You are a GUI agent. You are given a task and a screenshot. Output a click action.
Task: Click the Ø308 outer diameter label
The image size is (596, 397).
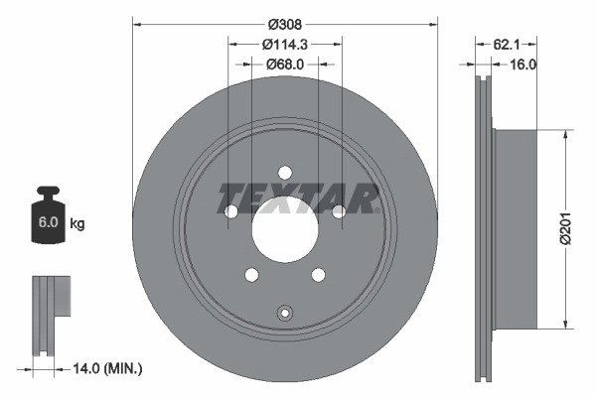click(285, 12)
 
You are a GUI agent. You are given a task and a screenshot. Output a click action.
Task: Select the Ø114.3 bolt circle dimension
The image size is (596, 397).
click(285, 44)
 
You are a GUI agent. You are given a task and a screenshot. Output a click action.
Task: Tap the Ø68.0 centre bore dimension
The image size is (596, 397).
click(285, 65)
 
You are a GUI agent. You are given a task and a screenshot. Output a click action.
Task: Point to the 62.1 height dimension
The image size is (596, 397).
click(507, 44)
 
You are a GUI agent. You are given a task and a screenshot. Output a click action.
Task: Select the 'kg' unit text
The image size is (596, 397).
click(76, 223)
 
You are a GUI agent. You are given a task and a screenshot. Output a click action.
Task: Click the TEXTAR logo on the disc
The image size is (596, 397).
click(298, 198)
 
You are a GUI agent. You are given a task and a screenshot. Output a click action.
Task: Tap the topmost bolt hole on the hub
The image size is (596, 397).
click(284, 171)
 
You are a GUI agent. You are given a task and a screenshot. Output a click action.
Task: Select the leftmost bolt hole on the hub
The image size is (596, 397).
click(231, 210)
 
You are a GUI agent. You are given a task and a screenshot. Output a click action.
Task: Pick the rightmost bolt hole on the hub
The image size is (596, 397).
click(338, 210)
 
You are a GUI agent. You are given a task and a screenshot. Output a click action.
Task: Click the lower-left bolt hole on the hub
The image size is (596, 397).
click(251, 274)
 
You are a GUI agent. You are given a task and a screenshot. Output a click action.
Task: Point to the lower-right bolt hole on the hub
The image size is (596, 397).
click(318, 274)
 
